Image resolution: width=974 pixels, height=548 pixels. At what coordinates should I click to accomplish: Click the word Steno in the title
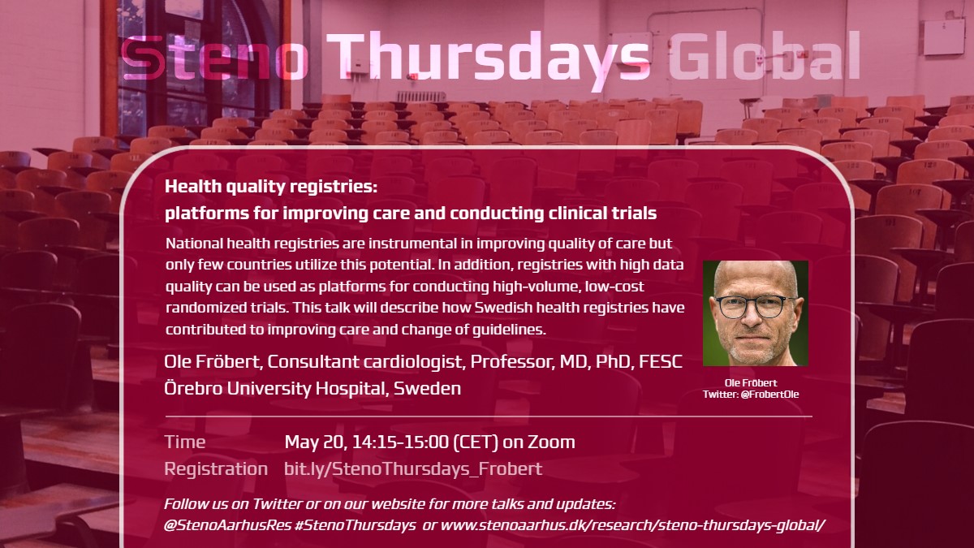click(x=214, y=58)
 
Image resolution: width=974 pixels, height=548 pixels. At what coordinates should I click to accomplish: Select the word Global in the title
click(x=765, y=56)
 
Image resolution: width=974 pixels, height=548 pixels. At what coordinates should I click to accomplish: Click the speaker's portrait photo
click(x=756, y=313)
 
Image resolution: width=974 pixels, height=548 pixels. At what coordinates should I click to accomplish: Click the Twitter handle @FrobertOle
click(x=769, y=395)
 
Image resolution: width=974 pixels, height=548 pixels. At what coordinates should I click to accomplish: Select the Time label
click(x=185, y=442)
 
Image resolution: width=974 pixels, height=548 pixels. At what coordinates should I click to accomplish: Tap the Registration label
click(x=216, y=469)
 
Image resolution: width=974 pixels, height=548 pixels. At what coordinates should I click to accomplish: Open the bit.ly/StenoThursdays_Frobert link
click(x=413, y=469)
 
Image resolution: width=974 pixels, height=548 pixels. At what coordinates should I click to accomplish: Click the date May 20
click(x=316, y=442)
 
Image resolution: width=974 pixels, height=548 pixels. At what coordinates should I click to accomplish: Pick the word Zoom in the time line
click(x=551, y=442)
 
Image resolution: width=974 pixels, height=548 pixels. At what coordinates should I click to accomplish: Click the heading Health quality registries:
click(x=271, y=187)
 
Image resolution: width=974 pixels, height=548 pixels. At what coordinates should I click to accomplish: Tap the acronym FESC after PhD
click(x=661, y=362)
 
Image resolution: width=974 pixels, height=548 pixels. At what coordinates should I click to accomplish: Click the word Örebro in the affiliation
click(x=193, y=388)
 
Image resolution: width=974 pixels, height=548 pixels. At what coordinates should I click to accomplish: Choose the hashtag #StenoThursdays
click(x=355, y=525)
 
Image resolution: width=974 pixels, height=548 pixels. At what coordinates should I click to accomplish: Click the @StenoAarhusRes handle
click(x=227, y=525)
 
